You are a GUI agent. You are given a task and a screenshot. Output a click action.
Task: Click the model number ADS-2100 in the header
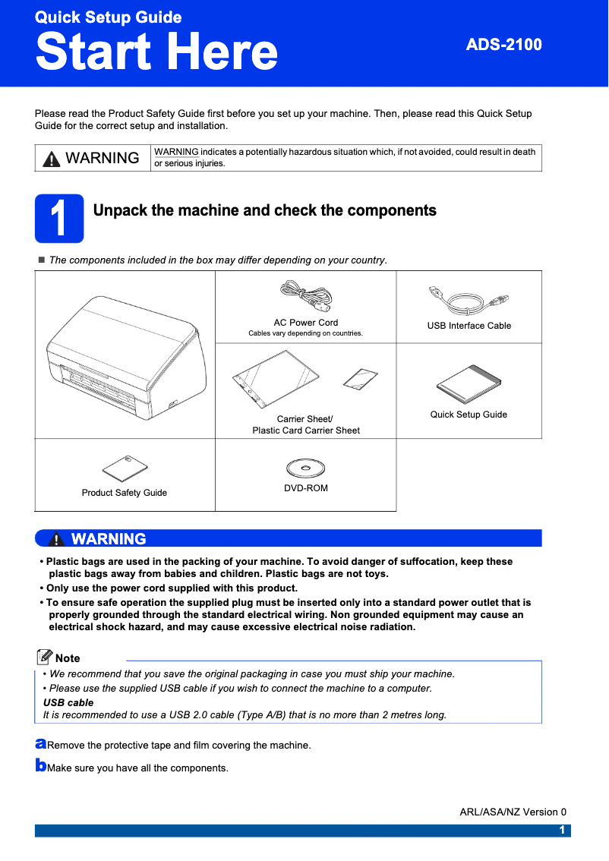tap(503, 45)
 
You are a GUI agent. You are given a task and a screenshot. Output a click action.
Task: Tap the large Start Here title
tap(156, 52)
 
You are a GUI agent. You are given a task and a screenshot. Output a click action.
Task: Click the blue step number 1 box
tap(59, 217)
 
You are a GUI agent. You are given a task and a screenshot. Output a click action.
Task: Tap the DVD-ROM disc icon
tap(306, 466)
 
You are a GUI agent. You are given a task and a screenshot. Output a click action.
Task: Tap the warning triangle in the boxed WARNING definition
tap(51, 158)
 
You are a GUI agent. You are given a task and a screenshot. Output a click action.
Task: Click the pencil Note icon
tap(45, 657)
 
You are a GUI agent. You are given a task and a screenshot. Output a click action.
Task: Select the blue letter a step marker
tap(41, 742)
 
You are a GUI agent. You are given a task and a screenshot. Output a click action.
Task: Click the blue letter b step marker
tap(41, 765)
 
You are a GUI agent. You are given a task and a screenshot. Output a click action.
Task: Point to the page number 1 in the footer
tap(562, 830)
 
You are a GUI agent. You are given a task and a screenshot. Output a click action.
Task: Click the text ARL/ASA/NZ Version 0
tap(513, 812)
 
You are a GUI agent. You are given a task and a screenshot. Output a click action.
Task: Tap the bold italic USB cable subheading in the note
tap(68, 702)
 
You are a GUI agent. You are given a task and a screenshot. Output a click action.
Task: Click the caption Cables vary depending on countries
tap(306, 333)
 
